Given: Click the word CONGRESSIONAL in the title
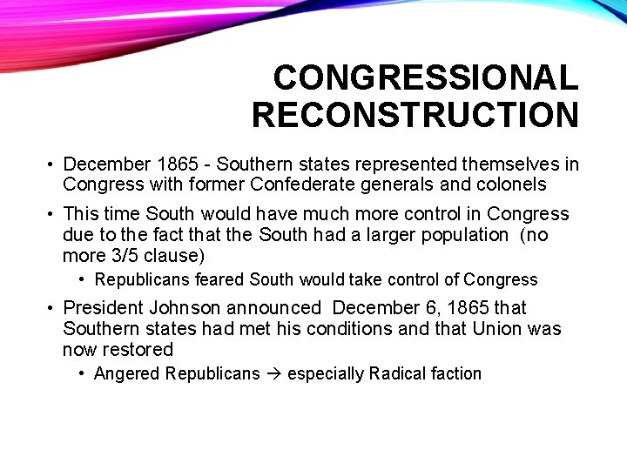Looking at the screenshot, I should (425, 78).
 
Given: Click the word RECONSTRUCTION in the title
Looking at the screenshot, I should (415, 115).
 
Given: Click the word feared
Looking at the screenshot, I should (219, 280).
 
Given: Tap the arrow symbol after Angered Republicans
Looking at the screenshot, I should (273, 374).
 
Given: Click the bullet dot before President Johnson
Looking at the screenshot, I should (52, 308).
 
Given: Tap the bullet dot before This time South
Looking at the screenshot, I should (52, 214).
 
